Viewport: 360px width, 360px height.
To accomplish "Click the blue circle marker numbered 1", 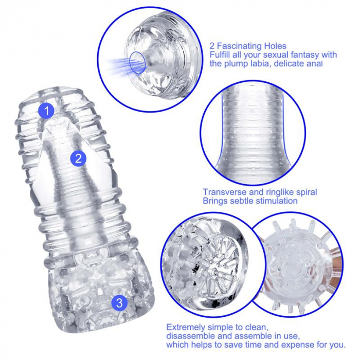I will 47,110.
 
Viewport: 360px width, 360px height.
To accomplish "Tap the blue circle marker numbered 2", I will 78,158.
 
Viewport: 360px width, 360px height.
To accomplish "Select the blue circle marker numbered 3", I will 119,302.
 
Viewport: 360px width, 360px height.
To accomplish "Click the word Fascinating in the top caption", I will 239,45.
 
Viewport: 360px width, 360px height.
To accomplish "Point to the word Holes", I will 274,45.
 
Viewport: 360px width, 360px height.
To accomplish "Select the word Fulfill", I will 221,55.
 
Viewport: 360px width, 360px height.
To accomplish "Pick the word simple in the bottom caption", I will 222,327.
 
